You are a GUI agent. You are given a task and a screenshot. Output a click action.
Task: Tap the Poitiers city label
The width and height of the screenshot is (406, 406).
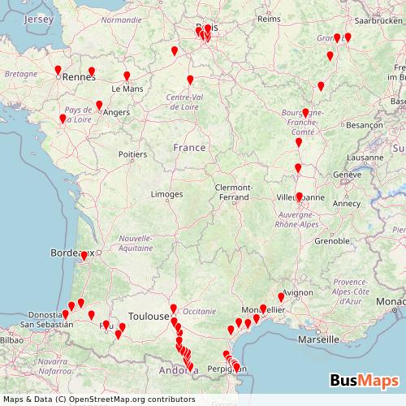click(132, 153)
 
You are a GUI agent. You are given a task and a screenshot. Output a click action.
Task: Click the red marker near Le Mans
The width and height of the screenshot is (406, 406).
click(127, 76)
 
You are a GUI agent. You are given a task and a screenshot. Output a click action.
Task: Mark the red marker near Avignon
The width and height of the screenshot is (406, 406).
click(282, 297)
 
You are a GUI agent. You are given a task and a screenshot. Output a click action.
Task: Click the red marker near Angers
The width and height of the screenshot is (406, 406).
click(99, 105)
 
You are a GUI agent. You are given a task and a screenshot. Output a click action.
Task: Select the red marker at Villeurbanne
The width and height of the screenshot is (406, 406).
click(299, 197)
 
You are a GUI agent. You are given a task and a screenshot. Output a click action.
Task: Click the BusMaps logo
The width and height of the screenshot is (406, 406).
click(365, 380)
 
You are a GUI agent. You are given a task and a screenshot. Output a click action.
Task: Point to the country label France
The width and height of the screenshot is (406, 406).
click(189, 148)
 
